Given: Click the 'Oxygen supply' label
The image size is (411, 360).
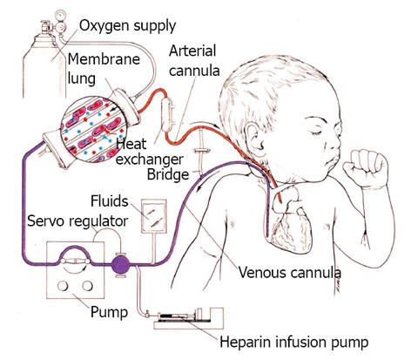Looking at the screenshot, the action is coord(127,26).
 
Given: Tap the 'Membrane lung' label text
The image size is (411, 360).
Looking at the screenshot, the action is coord(104,69).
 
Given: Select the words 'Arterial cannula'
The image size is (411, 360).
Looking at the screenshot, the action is coord(194,60).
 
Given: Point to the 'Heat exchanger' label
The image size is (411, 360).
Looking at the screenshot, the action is coord(149,152).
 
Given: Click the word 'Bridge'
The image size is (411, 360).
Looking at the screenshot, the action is coord(168,174).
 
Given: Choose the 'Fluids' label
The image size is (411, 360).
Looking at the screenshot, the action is coord(110,201).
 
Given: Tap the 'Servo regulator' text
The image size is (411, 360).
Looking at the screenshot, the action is coord(77,221).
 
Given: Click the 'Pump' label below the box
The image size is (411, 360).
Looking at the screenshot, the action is coord(109,312).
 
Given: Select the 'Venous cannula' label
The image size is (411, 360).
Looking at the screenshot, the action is coord(289,273).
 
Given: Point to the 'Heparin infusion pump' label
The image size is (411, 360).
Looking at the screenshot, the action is coord(294,342).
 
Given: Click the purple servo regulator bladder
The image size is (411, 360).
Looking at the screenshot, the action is coord(121,265).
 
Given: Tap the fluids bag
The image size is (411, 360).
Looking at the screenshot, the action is coord(154,216).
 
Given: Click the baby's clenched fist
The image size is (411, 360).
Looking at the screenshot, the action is coord(367,168).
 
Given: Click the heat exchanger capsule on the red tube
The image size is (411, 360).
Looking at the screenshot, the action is coord(167,115).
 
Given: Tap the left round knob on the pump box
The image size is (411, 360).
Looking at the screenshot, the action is coord(63,286).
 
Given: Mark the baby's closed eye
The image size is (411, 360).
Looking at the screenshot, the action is coord(316,132).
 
